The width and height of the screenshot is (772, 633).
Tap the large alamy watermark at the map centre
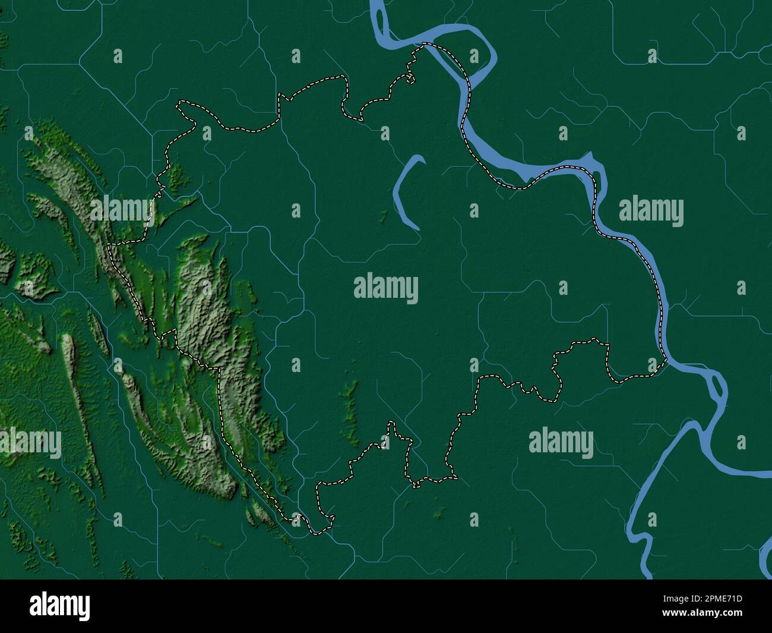386,288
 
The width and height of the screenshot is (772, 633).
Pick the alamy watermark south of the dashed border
561,443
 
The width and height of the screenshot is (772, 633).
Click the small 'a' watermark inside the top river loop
474,56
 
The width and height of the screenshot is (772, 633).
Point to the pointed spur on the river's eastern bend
590,156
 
